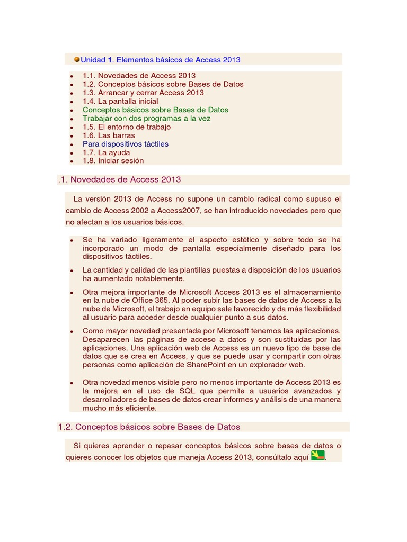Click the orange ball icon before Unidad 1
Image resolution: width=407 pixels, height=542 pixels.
click(x=77, y=59)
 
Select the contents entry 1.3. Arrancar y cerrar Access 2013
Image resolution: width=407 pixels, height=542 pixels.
click(x=143, y=93)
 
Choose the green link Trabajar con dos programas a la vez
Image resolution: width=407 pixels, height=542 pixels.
click(x=146, y=118)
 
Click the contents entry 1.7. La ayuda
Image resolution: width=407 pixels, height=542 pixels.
click(x=106, y=152)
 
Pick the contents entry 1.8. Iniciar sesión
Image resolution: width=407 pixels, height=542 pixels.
click(x=113, y=160)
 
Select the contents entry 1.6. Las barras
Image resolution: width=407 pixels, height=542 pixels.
click(x=109, y=135)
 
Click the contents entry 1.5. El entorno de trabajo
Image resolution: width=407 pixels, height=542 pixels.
click(x=127, y=127)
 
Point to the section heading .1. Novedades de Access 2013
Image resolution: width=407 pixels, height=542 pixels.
click(x=119, y=179)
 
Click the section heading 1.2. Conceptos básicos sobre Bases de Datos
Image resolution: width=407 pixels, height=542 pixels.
click(x=149, y=427)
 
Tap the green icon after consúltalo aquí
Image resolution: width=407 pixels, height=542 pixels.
click(x=317, y=456)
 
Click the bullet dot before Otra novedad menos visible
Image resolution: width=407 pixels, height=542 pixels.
click(x=71, y=383)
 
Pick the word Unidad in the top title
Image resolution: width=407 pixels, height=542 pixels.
click(x=93, y=59)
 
